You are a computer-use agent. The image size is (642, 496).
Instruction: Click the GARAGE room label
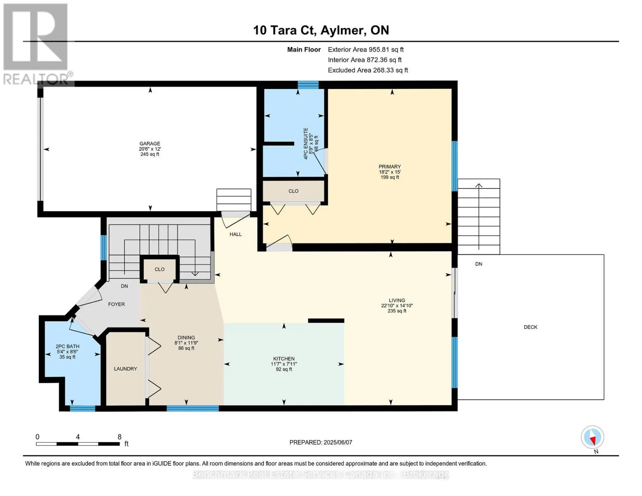pos(150,143)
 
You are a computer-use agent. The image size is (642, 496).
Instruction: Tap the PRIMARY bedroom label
pos(390,167)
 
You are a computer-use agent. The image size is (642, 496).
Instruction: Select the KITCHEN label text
pos(284,359)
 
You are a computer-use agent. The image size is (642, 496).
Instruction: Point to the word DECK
pos(530,327)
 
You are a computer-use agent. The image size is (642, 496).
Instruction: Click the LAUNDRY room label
pos(126,369)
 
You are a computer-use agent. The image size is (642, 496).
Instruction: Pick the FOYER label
pos(117,304)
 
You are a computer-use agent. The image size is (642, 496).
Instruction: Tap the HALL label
pos(236,234)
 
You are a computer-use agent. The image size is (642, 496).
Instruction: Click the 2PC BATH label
pos(67,346)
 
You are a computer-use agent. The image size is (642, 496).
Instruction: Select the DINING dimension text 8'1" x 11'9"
pos(186,343)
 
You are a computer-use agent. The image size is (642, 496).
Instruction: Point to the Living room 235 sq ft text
pos(397,311)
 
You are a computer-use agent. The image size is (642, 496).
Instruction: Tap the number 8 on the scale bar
pos(119,437)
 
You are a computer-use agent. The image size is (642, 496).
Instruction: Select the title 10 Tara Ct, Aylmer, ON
pos(321,30)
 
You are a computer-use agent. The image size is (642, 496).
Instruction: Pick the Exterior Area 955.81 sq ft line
pos(365,50)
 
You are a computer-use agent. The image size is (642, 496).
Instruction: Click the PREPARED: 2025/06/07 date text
pos(320,442)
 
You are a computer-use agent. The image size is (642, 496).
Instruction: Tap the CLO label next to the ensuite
pos(294,191)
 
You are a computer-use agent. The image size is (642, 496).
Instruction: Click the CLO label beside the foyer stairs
pos(160,269)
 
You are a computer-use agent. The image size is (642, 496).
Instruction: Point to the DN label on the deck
pos(479,264)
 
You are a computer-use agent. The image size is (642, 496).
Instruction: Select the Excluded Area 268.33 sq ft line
pos(368,70)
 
